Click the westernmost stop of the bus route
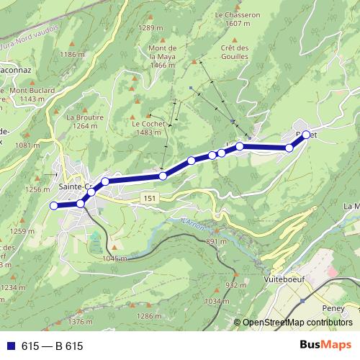(x=53, y=207)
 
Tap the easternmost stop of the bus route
(x=306, y=135)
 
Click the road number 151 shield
(x=148, y=198)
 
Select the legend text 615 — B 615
(x=52, y=346)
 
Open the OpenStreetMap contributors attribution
(x=296, y=322)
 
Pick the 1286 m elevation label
(x=149, y=316)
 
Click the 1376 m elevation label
(x=81, y=322)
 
